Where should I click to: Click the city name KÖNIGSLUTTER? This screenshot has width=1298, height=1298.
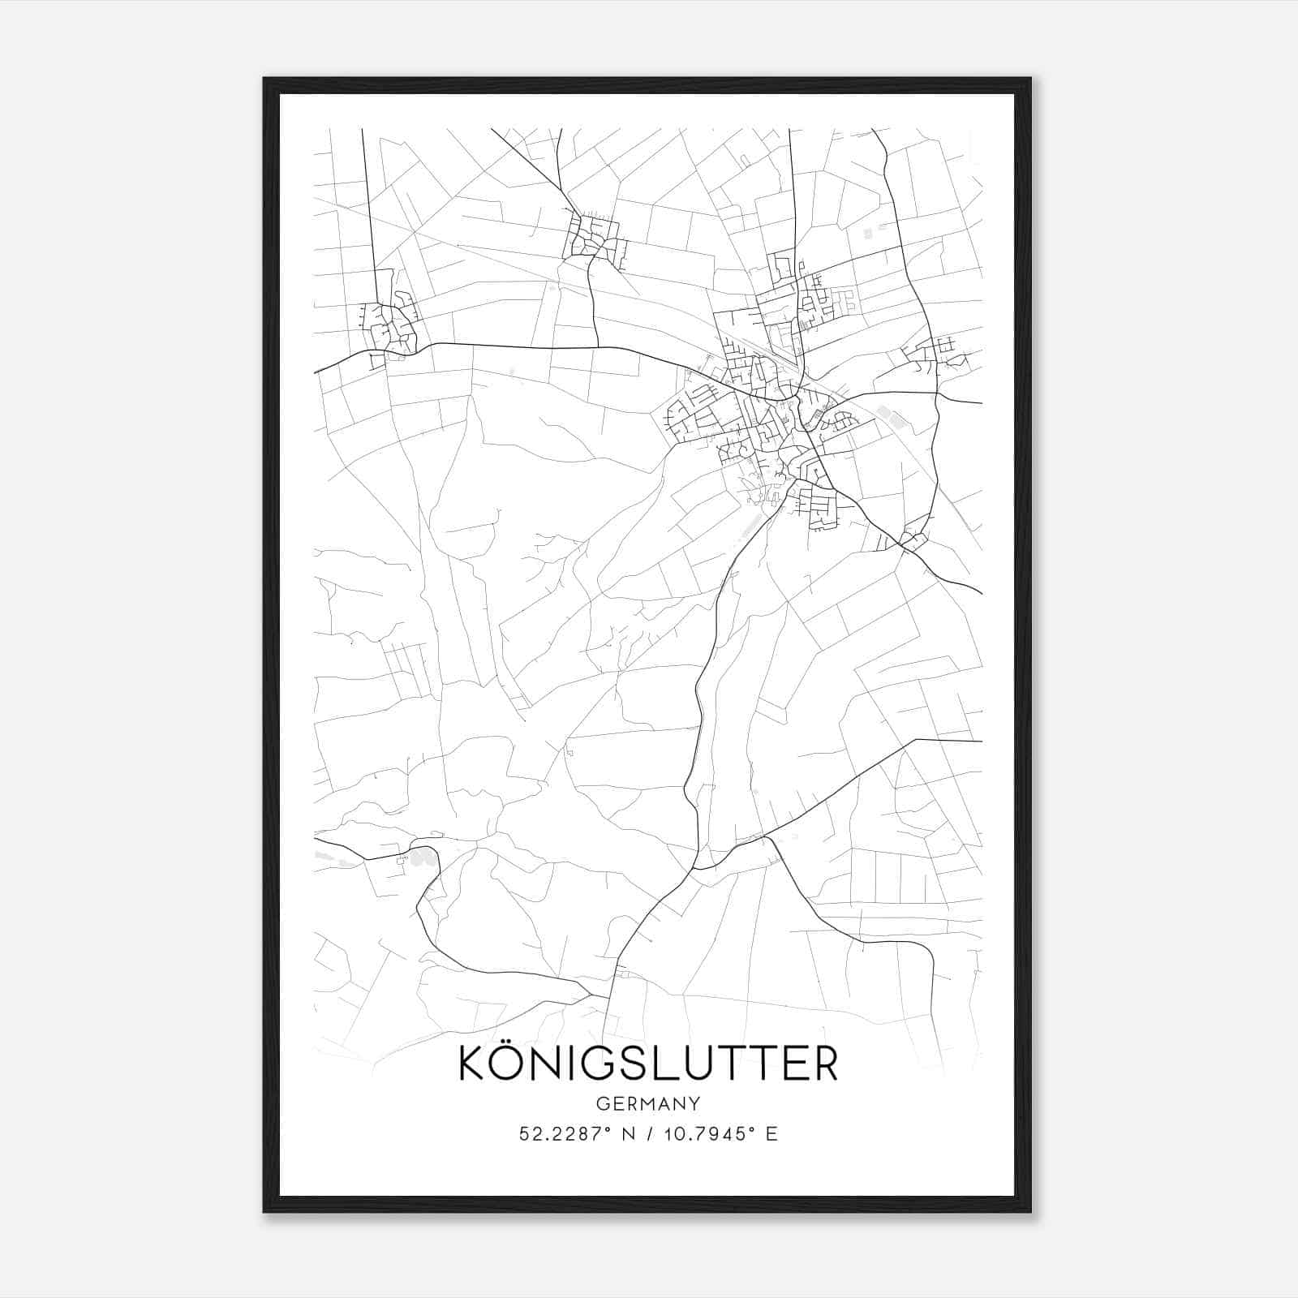tap(648, 1064)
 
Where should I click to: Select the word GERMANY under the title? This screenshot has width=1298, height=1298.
tap(648, 1104)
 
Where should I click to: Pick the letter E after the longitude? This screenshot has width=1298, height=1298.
tap(771, 1134)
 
